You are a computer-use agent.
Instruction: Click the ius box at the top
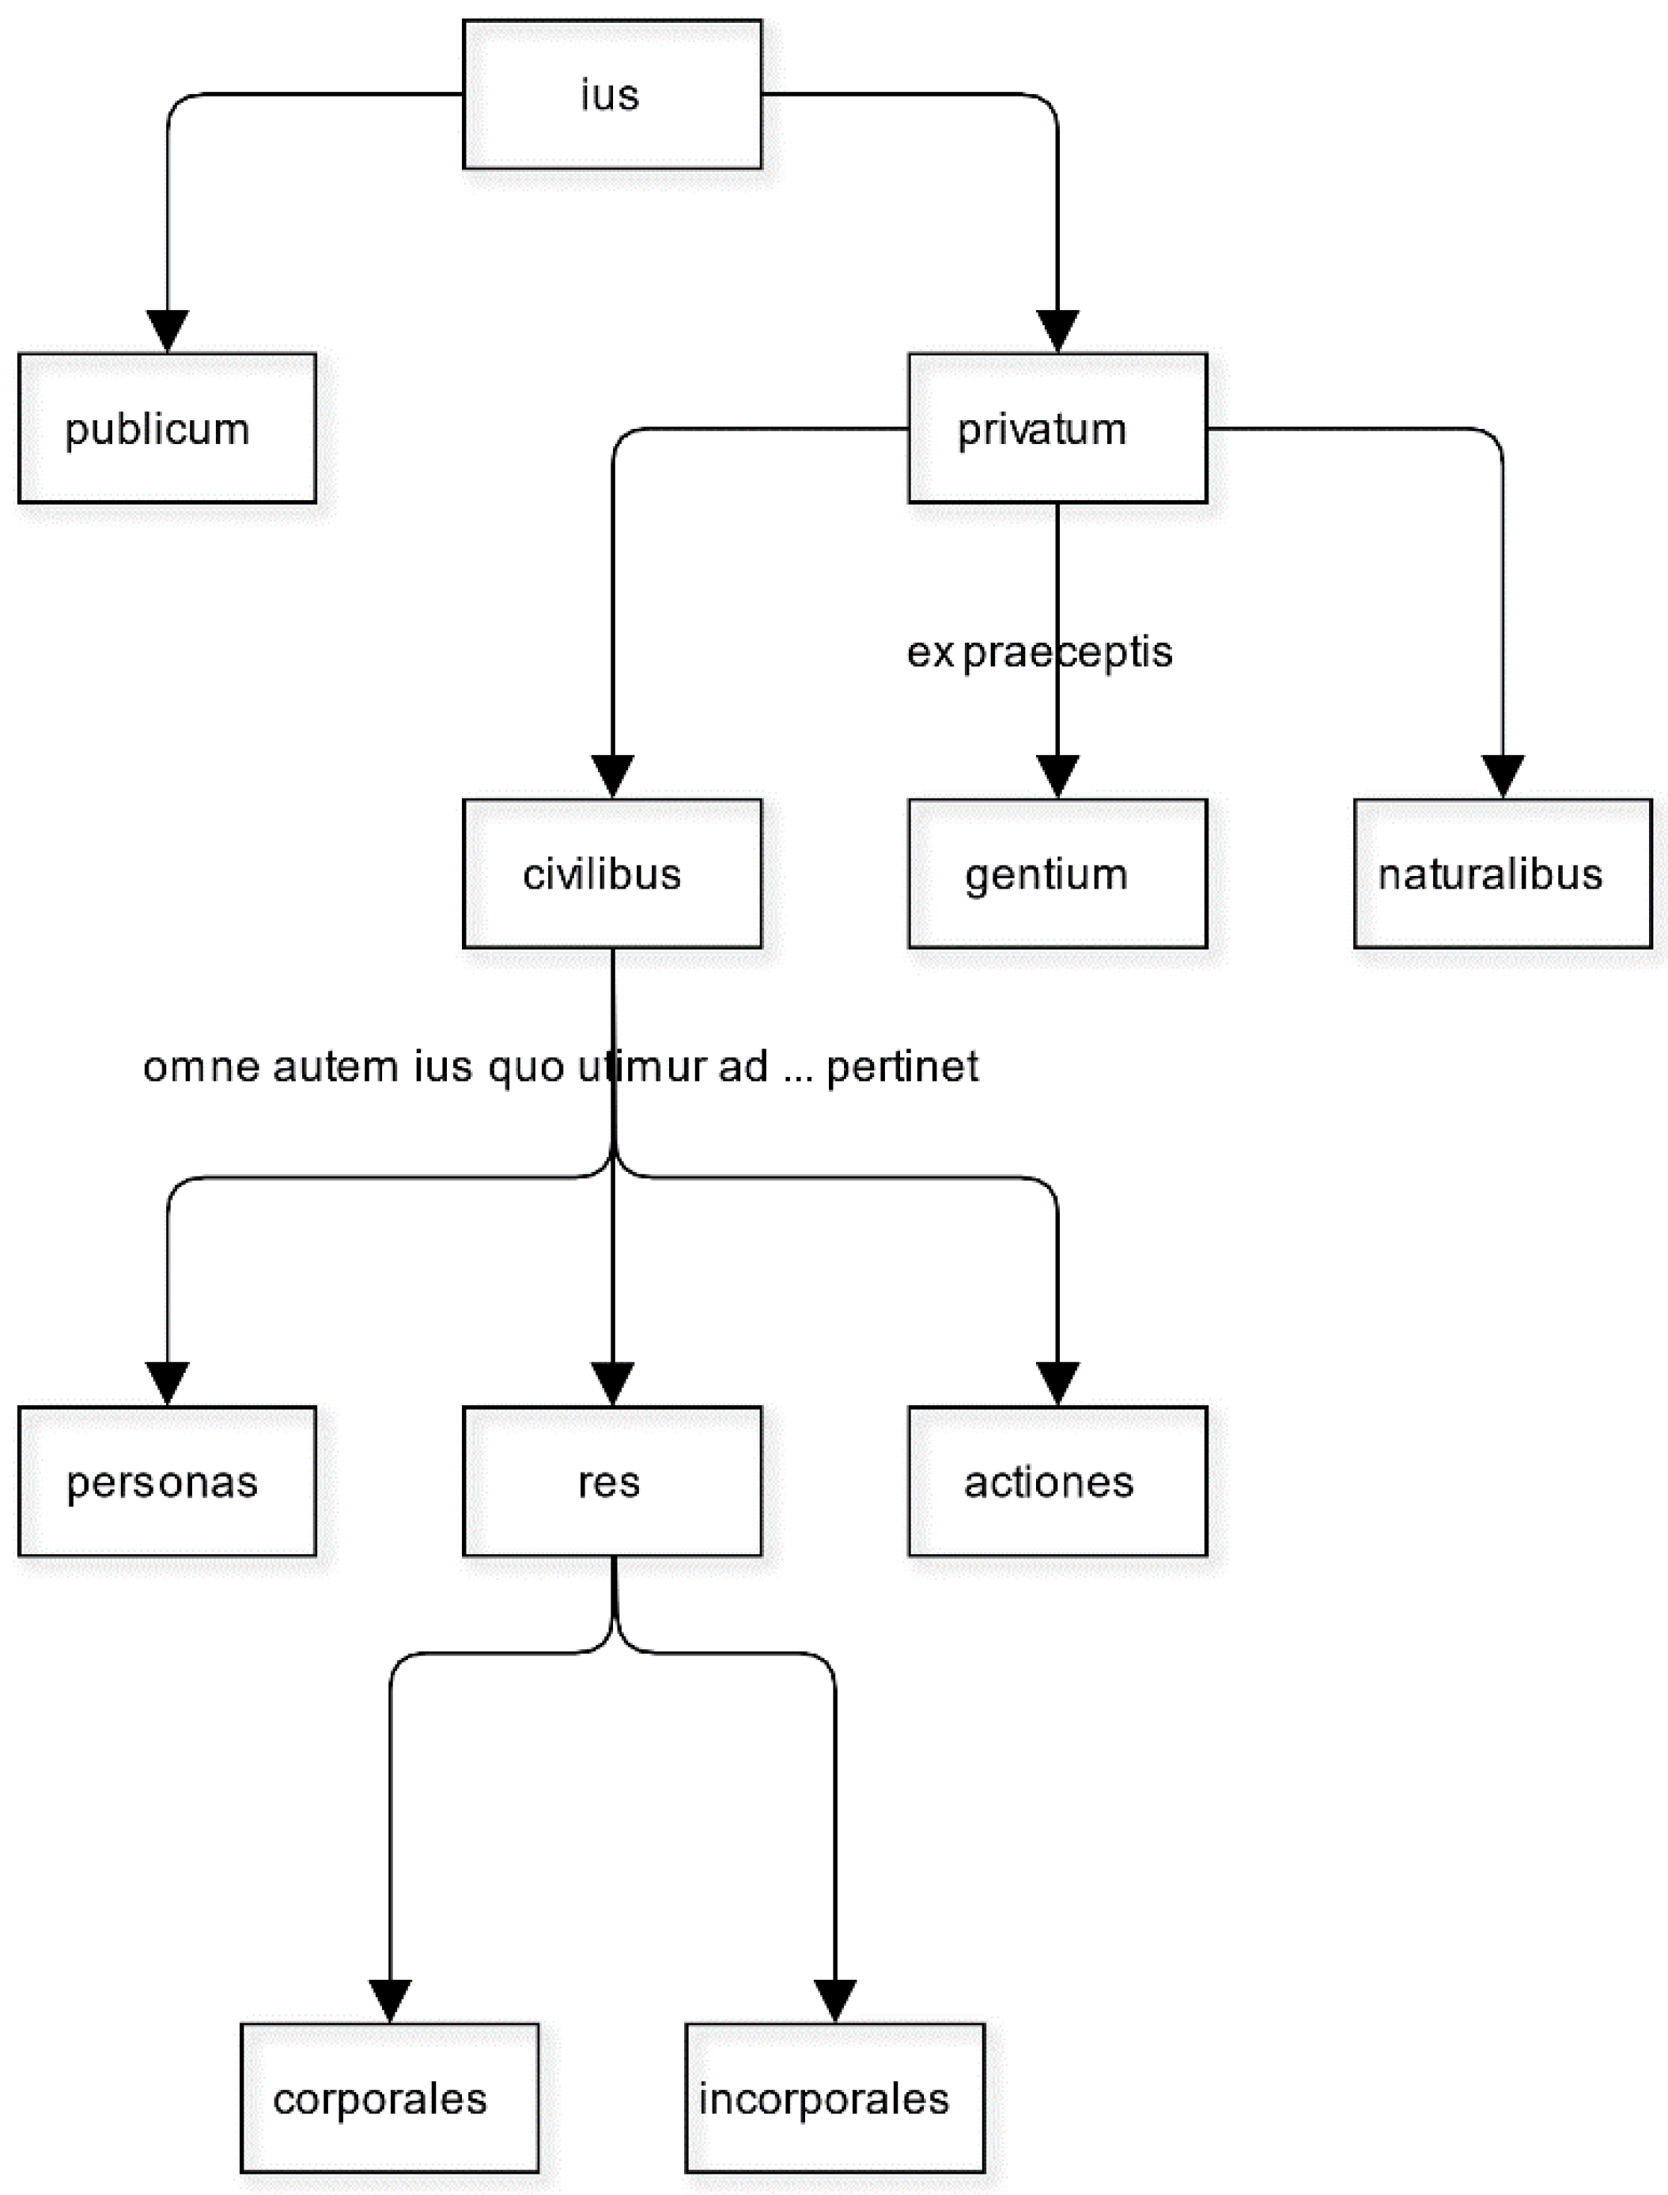click(611, 94)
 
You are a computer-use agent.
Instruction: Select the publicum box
click(167, 428)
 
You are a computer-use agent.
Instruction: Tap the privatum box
click(1057, 428)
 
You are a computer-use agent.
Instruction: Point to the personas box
click(167, 1481)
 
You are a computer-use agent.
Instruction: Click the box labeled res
click(611, 1481)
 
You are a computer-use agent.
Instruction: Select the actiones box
click(1057, 1481)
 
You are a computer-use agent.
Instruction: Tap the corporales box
click(389, 2098)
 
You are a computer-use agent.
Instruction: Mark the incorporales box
click(834, 2098)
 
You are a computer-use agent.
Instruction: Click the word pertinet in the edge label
click(902, 1067)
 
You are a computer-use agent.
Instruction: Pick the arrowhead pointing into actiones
click(1057, 1383)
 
